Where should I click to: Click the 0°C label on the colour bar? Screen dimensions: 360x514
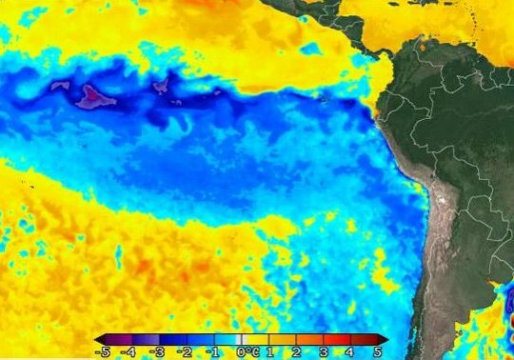point(247,351)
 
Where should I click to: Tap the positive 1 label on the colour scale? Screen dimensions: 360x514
point(270,351)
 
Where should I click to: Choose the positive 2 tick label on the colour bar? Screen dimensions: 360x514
point(298,351)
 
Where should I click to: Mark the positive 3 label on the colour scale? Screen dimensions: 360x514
point(326,351)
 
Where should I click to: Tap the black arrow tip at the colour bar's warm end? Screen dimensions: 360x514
point(386,339)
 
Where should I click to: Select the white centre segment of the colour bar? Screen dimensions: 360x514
point(242,339)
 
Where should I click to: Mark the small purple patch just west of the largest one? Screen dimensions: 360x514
point(61,86)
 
